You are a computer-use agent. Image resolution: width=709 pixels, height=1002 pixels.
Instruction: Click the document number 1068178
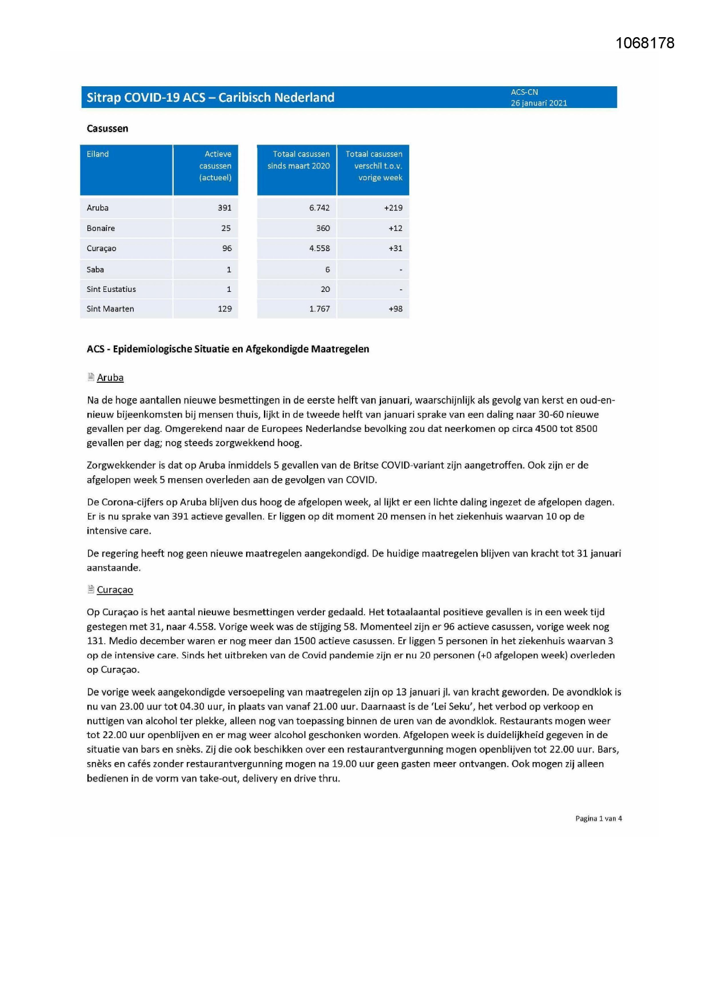[644, 43]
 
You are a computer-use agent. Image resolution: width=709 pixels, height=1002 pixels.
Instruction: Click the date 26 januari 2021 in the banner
[538, 103]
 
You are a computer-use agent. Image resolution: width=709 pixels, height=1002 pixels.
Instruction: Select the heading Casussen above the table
[107, 129]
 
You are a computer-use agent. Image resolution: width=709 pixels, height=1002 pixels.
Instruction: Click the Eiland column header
[98, 154]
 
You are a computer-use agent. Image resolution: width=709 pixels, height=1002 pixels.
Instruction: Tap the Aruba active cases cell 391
[225, 208]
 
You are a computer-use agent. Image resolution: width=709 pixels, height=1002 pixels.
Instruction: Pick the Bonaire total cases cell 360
[323, 228]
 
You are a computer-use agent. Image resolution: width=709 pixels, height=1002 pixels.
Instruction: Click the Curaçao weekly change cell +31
[395, 249]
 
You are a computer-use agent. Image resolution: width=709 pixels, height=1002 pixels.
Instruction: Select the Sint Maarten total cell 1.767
[319, 309]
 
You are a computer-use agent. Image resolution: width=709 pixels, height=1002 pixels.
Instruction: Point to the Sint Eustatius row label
[111, 289]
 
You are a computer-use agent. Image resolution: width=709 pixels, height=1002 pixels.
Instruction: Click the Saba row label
[95, 270]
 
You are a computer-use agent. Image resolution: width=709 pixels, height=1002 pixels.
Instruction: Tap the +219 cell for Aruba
[393, 208]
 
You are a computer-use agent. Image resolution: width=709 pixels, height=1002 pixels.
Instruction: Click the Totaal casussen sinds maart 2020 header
[298, 160]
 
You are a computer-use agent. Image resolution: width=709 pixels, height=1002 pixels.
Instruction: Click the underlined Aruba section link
[110, 378]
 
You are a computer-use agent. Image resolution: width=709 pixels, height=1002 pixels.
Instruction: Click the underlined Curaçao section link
[115, 590]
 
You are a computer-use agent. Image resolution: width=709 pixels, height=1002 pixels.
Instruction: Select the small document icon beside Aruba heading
[91, 376]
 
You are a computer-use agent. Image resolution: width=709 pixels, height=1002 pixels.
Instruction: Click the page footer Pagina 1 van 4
[598, 819]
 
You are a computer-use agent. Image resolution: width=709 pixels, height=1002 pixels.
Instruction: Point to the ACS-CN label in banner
[524, 92]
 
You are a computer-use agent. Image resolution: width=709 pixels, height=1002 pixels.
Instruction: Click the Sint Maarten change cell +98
[395, 309]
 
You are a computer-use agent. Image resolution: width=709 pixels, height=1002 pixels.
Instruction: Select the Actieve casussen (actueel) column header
[215, 166]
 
